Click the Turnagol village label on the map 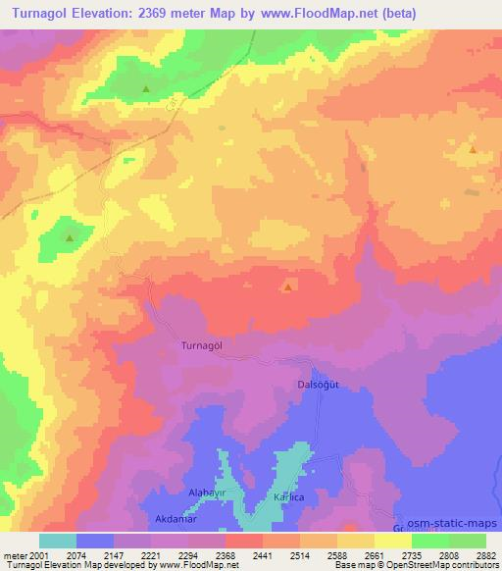tap(203, 345)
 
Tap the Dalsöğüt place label tap(317, 385)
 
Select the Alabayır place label tap(207, 492)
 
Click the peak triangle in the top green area tap(146, 89)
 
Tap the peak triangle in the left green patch tap(69, 237)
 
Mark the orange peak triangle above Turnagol tap(287, 287)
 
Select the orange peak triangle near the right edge tap(473, 150)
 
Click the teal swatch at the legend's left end tap(58, 540)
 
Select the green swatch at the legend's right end tap(467, 540)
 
